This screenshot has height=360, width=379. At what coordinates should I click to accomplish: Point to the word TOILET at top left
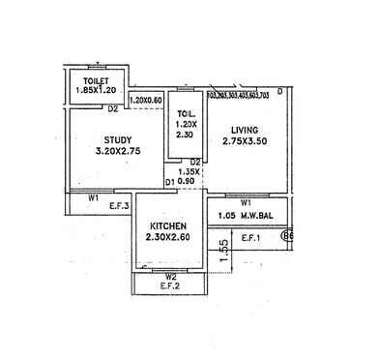(96, 80)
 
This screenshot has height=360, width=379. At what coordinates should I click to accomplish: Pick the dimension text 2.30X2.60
(168, 236)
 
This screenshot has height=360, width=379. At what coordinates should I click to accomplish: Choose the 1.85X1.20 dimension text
(96, 91)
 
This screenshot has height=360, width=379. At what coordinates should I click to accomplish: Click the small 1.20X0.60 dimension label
(146, 100)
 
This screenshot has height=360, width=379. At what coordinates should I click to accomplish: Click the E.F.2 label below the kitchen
(171, 286)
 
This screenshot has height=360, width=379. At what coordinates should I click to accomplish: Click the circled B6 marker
(286, 234)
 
